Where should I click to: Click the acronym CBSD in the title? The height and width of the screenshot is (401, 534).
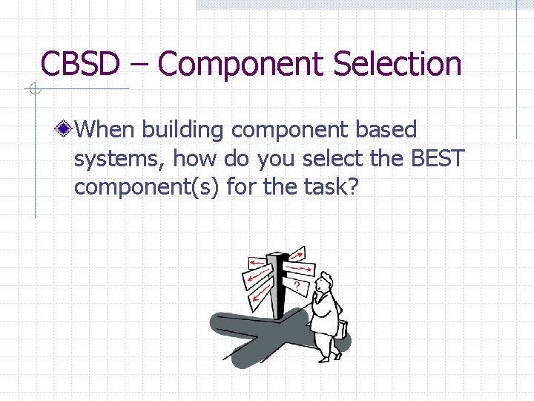click(x=79, y=64)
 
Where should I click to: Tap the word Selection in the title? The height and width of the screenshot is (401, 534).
click(x=397, y=64)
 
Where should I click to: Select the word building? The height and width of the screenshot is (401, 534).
click(x=183, y=130)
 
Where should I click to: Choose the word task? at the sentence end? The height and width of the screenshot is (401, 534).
click(x=326, y=187)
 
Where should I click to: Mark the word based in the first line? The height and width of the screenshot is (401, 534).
click(x=385, y=130)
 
